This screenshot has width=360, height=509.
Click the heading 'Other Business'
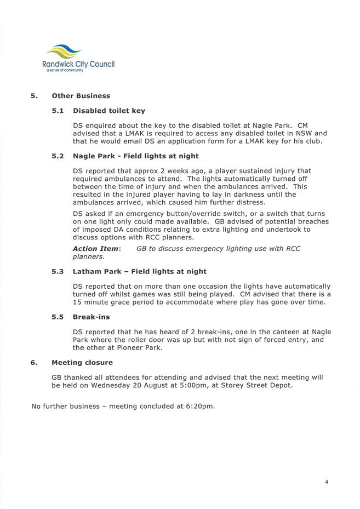81,96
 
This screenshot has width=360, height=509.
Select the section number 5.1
58,111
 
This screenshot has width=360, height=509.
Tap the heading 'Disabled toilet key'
108,111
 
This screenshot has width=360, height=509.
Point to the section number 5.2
58,156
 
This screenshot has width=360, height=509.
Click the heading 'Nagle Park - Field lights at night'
135,156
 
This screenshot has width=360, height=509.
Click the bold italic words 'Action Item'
95,249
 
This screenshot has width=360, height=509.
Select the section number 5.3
58,271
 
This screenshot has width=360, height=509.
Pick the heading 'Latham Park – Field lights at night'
139,271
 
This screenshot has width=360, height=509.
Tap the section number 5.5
58,317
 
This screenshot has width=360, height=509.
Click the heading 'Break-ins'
91,317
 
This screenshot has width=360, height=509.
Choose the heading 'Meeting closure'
82,362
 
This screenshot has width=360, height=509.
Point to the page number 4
327,482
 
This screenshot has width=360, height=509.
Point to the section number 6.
34,362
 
